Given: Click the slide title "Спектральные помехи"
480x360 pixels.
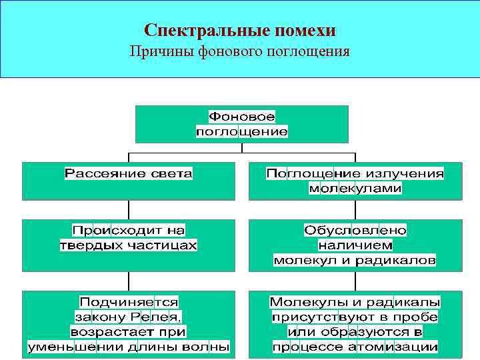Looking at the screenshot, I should point(240,31).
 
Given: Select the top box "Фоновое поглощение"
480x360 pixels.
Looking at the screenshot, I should point(241,124).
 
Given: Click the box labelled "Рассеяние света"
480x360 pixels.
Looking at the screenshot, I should point(128,180).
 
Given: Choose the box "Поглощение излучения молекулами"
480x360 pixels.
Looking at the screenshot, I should point(355,181).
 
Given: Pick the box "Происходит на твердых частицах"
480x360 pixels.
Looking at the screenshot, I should point(128,245).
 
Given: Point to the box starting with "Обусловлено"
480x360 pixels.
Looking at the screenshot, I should point(355,245).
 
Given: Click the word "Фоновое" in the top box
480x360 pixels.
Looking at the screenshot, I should point(241,117).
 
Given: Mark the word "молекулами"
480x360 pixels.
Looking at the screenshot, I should point(355,189).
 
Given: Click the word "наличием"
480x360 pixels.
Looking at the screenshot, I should point(355,245).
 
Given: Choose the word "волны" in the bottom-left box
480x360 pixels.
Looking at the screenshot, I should point(209,347).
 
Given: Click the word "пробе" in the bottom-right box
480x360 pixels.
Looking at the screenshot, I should point(417,317).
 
